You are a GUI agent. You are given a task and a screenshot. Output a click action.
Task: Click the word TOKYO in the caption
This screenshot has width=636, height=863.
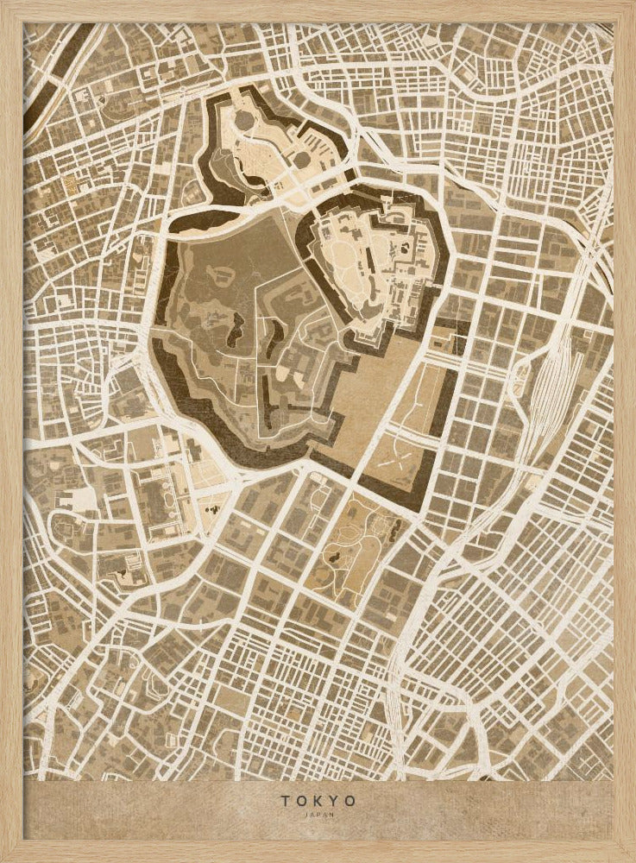(318, 801)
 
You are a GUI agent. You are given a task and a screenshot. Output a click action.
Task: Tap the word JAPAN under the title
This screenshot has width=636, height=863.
(318, 814)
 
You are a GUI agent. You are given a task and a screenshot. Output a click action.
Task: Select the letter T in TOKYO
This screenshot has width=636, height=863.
(284, 801)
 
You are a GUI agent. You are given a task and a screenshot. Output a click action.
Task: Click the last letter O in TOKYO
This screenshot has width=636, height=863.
(350, 801)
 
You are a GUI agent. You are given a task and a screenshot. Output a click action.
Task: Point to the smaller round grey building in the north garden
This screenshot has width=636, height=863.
(300, 160)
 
